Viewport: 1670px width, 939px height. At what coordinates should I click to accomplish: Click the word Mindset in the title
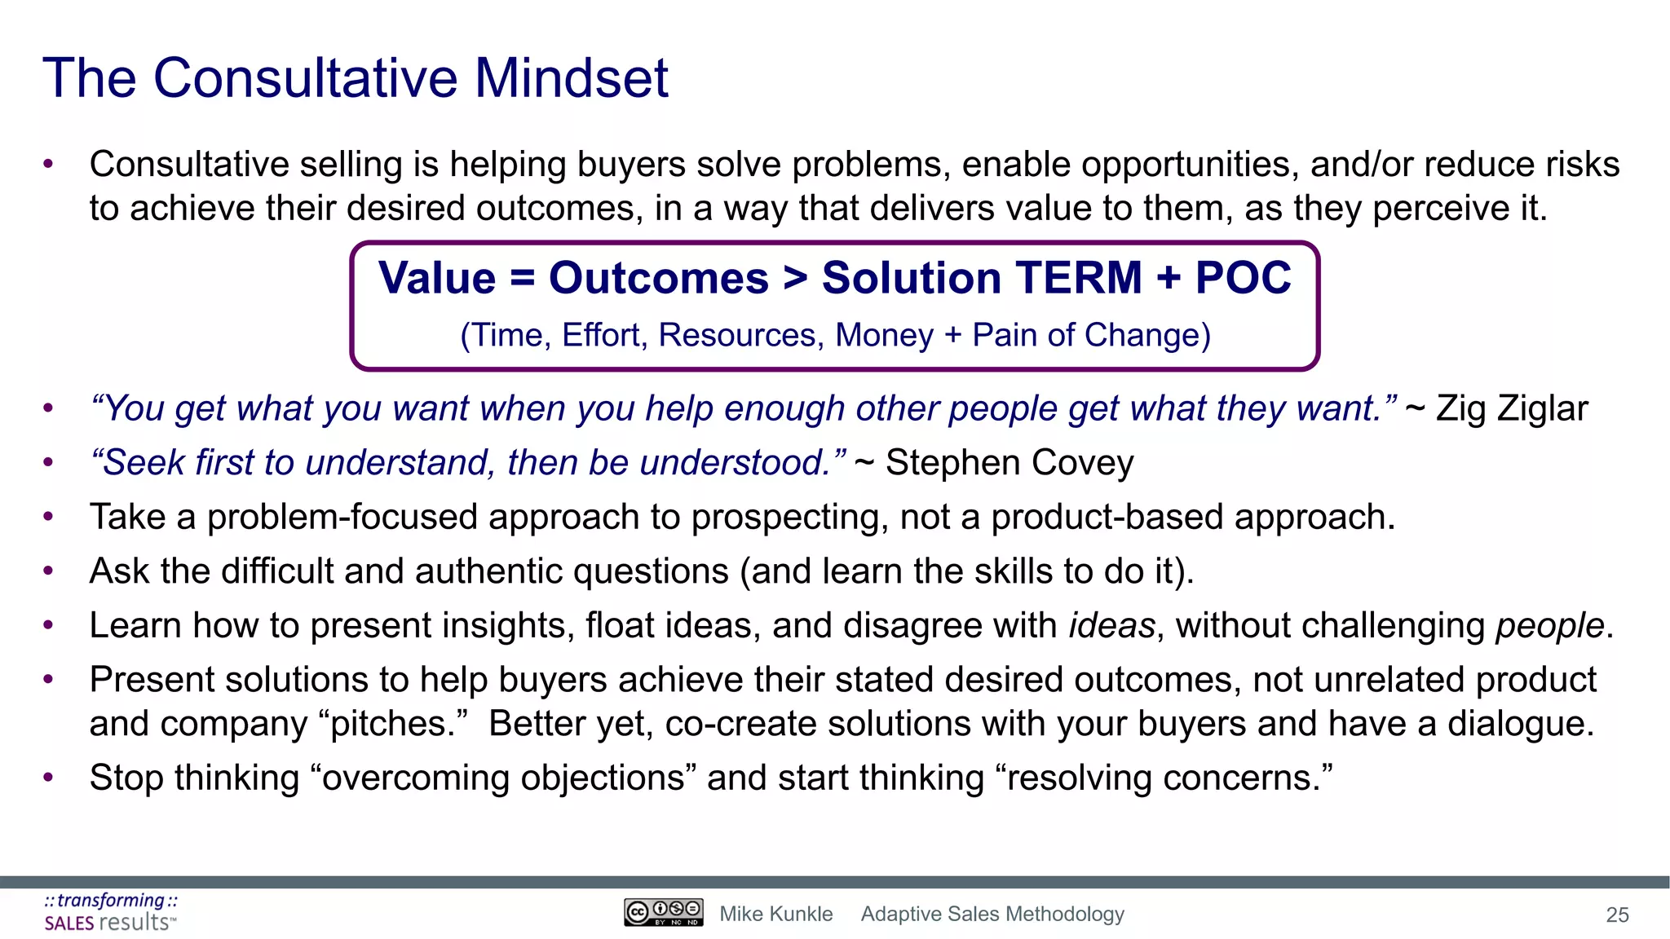coord(571,79)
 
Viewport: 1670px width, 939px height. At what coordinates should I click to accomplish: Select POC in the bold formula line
coord(1243,278)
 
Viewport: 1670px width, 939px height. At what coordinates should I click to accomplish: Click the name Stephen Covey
coord(1009,463)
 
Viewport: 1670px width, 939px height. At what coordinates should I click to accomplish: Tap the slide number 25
coord(1617,915)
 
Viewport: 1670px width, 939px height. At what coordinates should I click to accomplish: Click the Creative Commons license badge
coord(663,912)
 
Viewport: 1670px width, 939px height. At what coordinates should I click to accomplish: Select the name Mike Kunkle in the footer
coord(775,915)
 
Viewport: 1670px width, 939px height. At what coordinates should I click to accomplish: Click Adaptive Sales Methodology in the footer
coord(992,915)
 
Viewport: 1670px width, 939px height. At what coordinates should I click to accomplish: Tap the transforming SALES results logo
coord(110,912)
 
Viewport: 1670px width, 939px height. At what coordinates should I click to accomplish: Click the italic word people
coord(1549,626)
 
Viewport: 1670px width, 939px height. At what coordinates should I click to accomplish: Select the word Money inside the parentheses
coord(884,336)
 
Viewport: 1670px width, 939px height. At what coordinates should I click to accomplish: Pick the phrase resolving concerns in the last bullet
coord(1164,778)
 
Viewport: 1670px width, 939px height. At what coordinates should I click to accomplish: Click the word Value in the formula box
coord(437,278)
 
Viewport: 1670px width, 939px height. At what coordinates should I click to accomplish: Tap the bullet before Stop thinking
coord(48,778)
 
